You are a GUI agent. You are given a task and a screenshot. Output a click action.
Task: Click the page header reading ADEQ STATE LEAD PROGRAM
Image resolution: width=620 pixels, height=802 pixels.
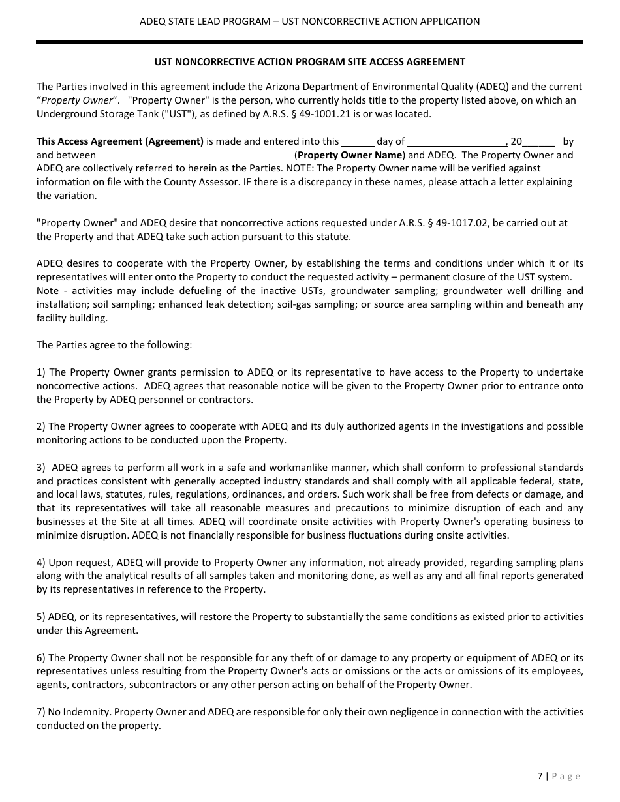coord(309,22)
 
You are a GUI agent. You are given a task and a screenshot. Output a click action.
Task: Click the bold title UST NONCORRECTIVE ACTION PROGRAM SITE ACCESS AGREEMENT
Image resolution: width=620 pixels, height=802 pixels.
coord(309,62)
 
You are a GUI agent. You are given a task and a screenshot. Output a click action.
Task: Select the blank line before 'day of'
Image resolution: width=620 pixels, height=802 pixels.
coord(358,141)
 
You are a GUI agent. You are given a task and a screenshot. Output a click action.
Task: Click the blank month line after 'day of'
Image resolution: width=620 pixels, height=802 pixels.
coord(457,141)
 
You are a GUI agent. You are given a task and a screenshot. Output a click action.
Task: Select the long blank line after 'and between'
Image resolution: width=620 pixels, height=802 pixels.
coord(194,155)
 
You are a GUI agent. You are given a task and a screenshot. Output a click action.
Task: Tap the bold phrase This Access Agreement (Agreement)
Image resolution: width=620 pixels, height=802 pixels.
coord(120,141)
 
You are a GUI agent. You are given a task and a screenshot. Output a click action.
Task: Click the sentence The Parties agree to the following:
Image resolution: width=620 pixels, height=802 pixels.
coord(114,345)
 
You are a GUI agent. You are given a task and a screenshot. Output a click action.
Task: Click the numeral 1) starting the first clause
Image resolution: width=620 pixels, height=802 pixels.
coord(41,372)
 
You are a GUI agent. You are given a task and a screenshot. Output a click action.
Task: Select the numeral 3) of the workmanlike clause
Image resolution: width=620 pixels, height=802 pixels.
coord(41,468)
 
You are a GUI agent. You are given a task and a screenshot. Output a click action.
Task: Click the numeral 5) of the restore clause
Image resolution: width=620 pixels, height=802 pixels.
coord(41,617)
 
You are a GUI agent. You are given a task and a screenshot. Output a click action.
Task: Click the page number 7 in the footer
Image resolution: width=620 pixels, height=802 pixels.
coord(540,776)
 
